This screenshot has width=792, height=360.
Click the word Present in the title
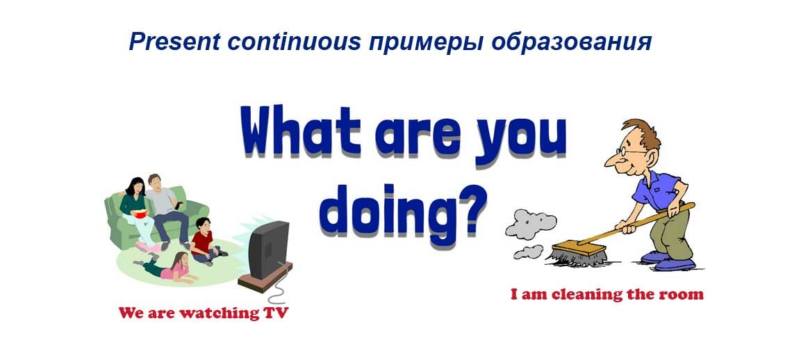(174, 42)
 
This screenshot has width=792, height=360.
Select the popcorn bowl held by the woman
(142, 213)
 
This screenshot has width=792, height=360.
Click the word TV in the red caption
(276, 313)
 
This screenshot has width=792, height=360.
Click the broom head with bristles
(578, 254)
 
